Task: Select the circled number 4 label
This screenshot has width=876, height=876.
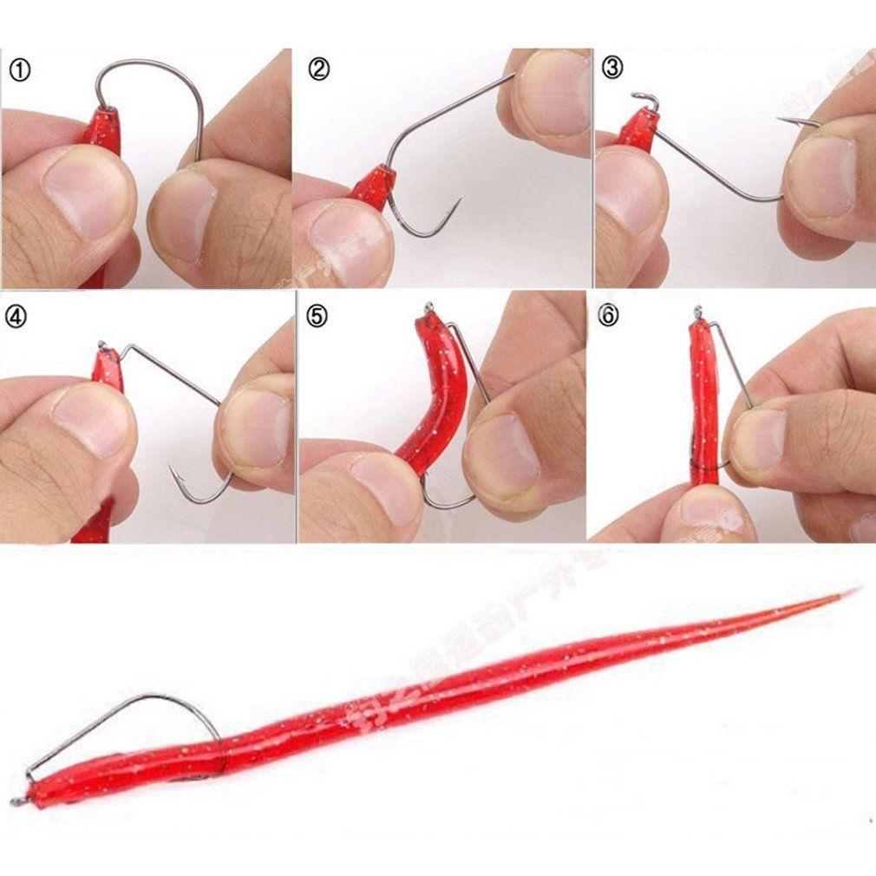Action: [x=16, y=317]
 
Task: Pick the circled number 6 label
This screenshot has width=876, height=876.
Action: [x=609, y=317]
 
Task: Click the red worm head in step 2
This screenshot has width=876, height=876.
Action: [x=376, y=185]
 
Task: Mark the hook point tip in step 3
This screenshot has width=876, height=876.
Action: [x=780, y=120]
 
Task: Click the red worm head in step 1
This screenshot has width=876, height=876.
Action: [x=102, y=130]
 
